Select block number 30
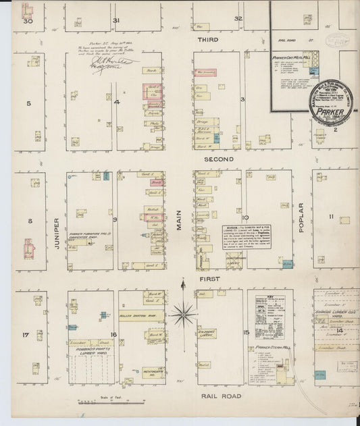coord(28,21)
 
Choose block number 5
coord(28,103)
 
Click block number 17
coord(25,335)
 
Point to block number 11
coord(331,217)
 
